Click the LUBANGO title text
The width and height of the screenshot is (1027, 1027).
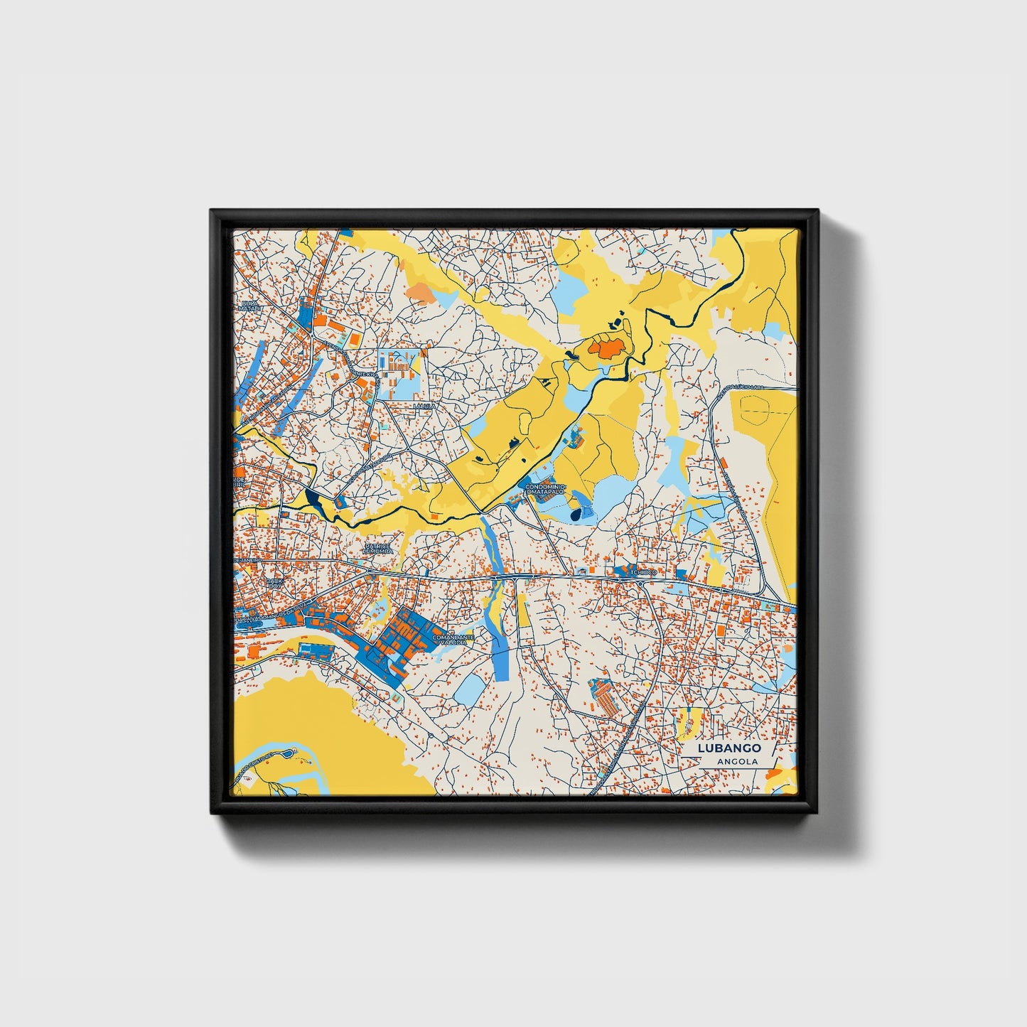coord(729,748)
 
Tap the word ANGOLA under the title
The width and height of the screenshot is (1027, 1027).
coord(737,761)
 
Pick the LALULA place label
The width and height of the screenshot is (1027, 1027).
coord(424,407)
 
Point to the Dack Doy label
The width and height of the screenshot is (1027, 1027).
coord(274,583)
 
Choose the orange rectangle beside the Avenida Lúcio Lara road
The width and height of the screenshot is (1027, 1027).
coord(723,463)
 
